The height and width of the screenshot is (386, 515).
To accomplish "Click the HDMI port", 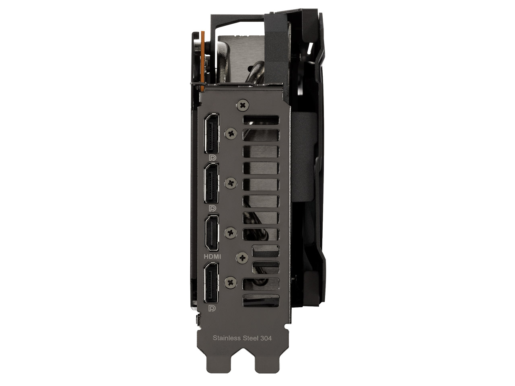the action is (212, 233).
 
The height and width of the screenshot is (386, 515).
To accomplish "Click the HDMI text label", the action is (212, 257).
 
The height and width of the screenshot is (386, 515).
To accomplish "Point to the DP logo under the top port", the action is (212, 158).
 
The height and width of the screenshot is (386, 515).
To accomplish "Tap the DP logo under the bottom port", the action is (212, 308).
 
